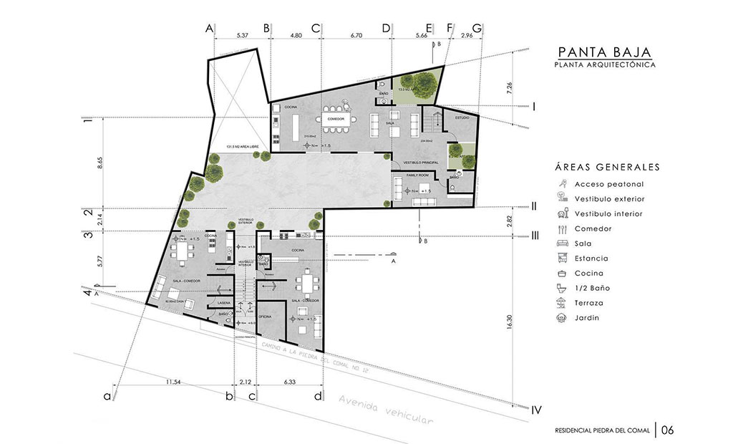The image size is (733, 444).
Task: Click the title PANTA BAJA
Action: tap(603, 52)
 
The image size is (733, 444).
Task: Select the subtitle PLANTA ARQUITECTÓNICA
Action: tap(603, 65)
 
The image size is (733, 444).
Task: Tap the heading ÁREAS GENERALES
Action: tap(606, 167)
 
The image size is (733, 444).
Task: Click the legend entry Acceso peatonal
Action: tap(604, 183)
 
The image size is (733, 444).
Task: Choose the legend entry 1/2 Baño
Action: tap(591, 288)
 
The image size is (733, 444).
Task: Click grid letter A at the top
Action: tap(209, 28)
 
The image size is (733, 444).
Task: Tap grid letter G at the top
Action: tap(477, 28)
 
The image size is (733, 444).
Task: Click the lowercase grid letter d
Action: tap(317, 395)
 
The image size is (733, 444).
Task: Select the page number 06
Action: tap(667, 430)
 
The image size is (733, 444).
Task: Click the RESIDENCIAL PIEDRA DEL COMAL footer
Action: tap(602, 431)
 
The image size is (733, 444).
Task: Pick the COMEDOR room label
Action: tap(336, 119)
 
